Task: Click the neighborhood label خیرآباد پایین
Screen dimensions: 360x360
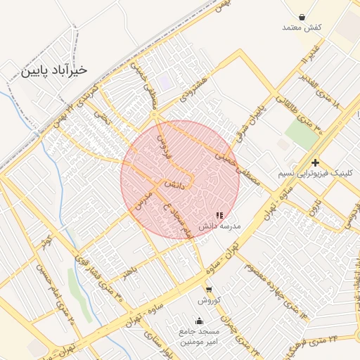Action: [54, 70]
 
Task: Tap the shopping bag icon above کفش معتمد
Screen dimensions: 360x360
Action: [302, 17]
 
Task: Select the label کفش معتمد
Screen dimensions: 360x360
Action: [302, 27]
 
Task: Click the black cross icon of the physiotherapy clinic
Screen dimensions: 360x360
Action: [316, 162]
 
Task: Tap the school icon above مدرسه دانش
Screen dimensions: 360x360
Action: [219, 215]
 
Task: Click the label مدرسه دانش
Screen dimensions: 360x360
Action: [219, 226]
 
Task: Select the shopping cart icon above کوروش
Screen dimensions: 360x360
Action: [209, 289]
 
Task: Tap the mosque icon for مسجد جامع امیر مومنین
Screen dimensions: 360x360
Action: [198, 321]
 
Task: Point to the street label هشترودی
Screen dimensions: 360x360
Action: [192, 88]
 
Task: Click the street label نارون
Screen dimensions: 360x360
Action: [317, 207]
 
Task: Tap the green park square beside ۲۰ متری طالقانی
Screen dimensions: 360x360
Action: [302, 134]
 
